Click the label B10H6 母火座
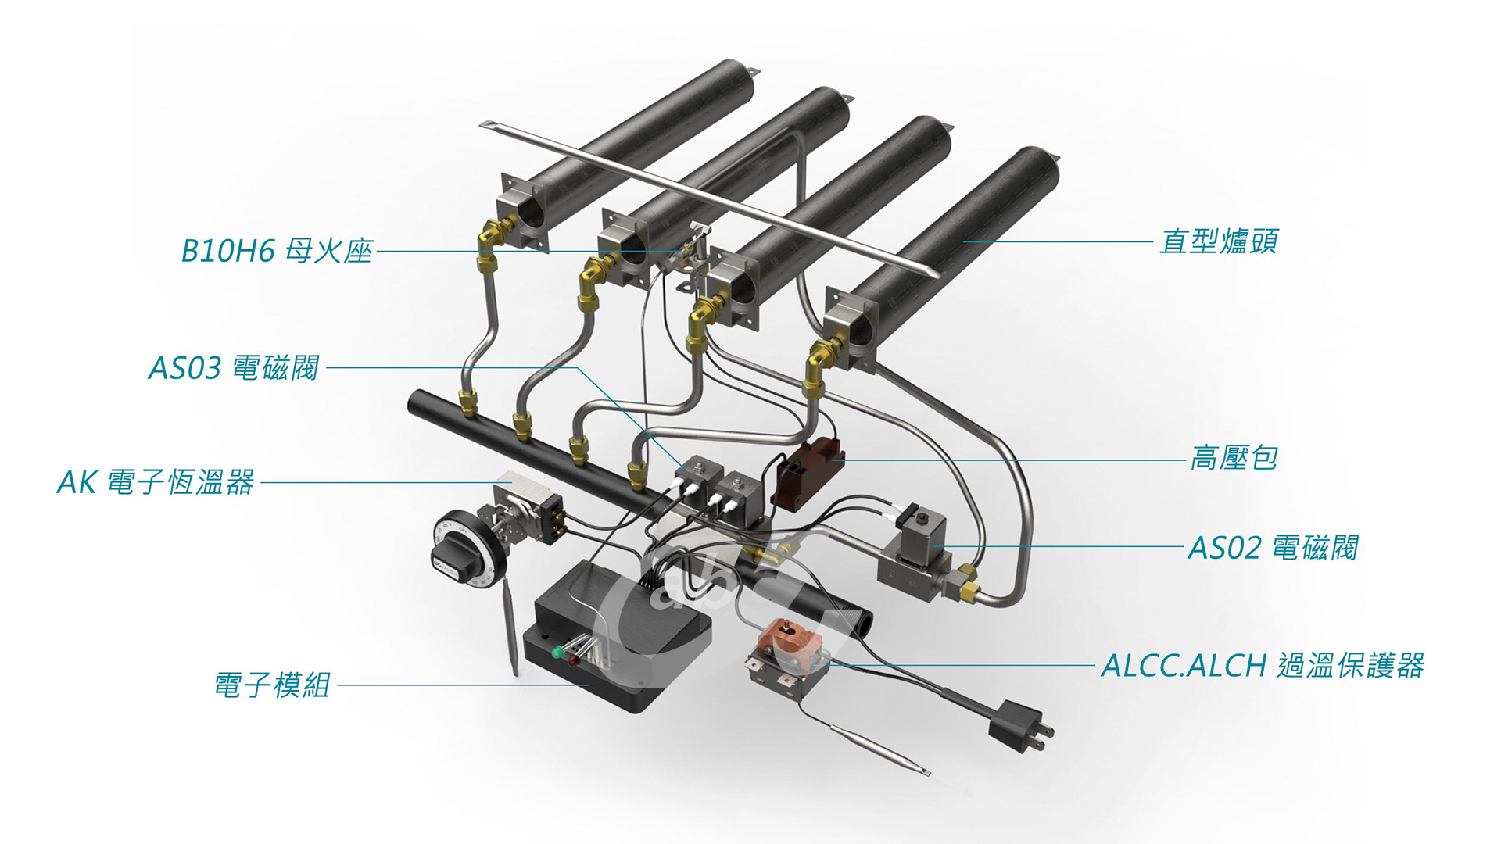click(277, 251)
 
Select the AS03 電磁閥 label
click(234, 367)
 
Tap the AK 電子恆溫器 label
click(156, 482)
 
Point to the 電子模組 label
click(272, 685)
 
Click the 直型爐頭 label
click(1219, 241)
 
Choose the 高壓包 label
click(1234, 458)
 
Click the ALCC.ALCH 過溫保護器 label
click(1263, 666)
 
